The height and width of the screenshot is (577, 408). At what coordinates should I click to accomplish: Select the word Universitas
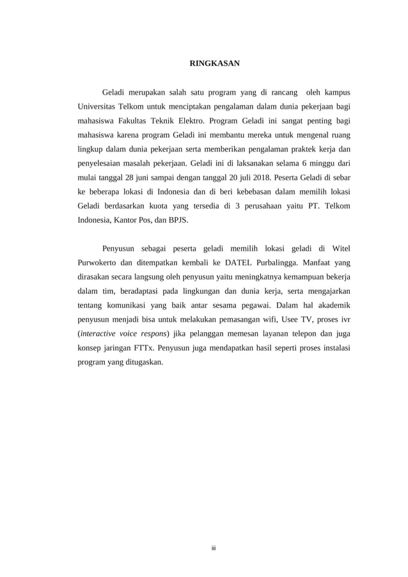[97, 106]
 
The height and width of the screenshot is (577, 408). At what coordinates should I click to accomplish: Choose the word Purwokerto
[100, 262]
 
